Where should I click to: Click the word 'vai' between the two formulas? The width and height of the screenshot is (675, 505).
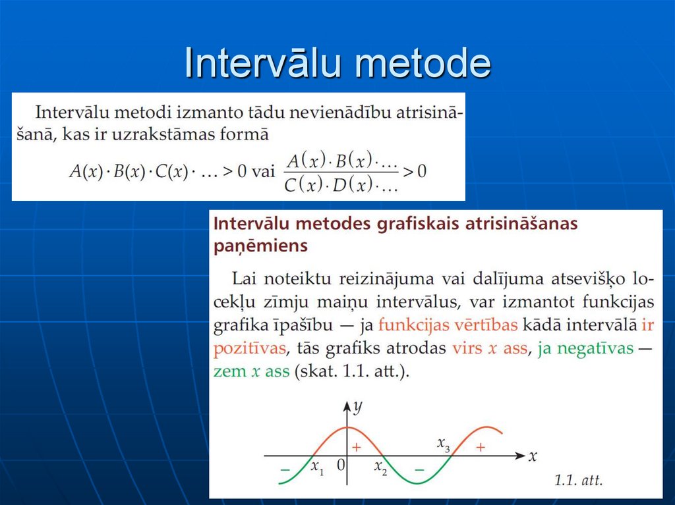263,171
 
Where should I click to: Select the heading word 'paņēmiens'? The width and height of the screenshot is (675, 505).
260,246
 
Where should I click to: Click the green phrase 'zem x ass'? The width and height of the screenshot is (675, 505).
251,371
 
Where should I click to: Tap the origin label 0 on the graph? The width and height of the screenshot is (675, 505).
340,465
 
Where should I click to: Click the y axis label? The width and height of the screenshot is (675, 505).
358,408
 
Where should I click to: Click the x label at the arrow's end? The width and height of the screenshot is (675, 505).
533,455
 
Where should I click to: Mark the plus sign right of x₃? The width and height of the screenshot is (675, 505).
481,447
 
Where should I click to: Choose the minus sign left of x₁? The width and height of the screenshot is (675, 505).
285,469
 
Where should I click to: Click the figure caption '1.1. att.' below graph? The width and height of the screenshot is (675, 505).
577,481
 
